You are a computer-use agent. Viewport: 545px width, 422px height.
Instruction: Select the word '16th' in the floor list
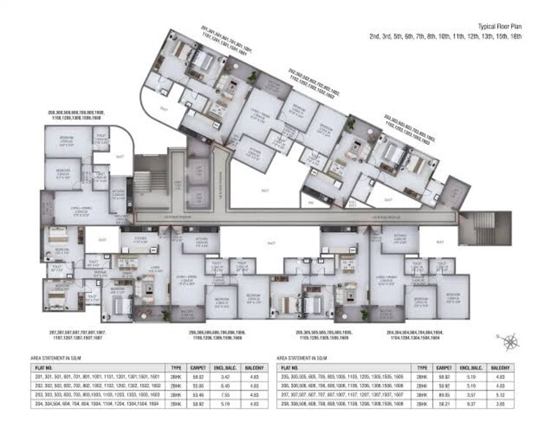[516, 35]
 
